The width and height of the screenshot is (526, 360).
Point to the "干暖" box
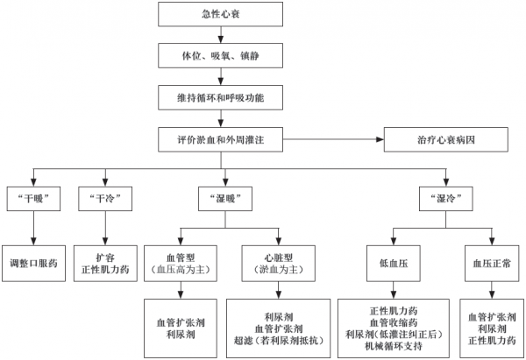[32, 198]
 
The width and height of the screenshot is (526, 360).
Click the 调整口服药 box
[34, 260]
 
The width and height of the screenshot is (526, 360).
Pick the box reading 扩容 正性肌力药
[105, 260]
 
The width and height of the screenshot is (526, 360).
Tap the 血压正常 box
[491, 260]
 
